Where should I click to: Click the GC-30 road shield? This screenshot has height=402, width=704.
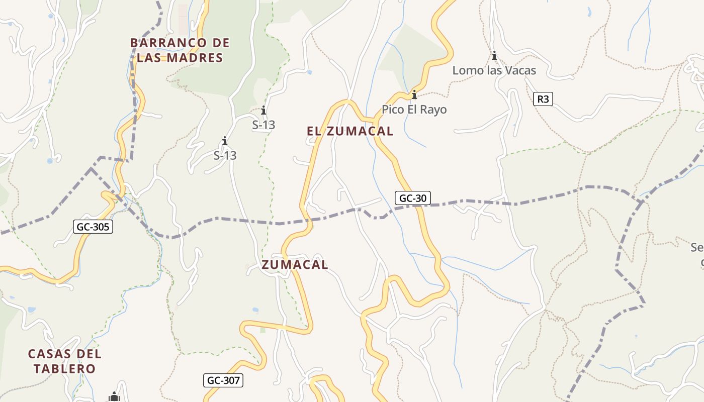412,198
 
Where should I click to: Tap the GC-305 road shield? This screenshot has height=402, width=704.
93,227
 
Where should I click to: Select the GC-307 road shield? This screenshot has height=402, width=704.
223,380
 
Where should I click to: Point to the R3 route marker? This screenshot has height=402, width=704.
543,99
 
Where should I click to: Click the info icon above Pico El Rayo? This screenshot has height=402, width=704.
414,94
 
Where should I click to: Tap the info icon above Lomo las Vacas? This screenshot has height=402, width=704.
494,56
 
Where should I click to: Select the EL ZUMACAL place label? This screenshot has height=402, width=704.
350,131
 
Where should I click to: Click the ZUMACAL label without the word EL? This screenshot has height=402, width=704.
295,265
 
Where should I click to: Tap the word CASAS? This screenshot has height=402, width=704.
49,354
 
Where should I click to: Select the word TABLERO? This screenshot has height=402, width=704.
64,369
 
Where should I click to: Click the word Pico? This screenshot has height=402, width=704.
393,109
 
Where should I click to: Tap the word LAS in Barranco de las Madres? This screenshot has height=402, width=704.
150,58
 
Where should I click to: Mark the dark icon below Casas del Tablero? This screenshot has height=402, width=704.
114,397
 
